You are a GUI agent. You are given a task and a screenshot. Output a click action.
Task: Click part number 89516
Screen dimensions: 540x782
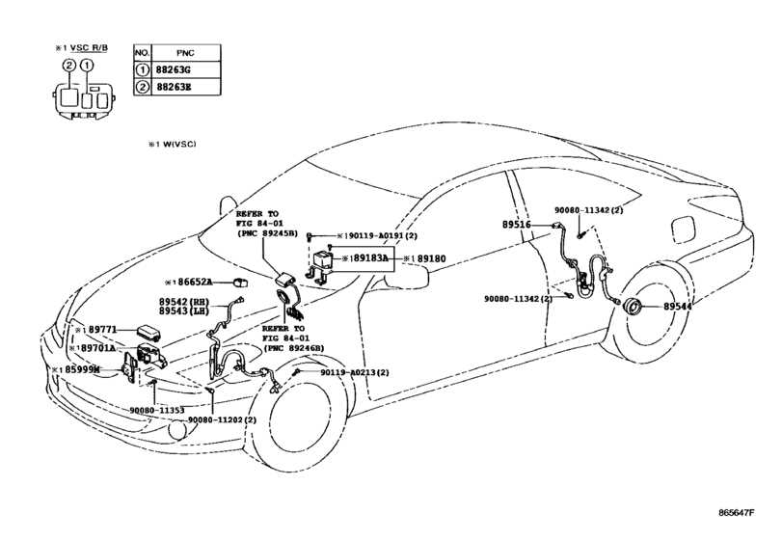pyautogui.click(x=516, y=224)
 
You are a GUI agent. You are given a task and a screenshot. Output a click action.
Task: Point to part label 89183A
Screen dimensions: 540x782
pyautogui.click(x=371, y=258)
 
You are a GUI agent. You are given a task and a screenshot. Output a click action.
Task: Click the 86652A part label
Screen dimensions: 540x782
pyautogui.click(x=193, y=283)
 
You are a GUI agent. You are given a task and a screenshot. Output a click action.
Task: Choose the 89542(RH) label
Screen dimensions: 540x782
pyautogui.click(x=183, y=302)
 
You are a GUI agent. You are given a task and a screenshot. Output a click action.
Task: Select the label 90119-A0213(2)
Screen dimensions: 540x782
pyautogui.click(x=355, y=372)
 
